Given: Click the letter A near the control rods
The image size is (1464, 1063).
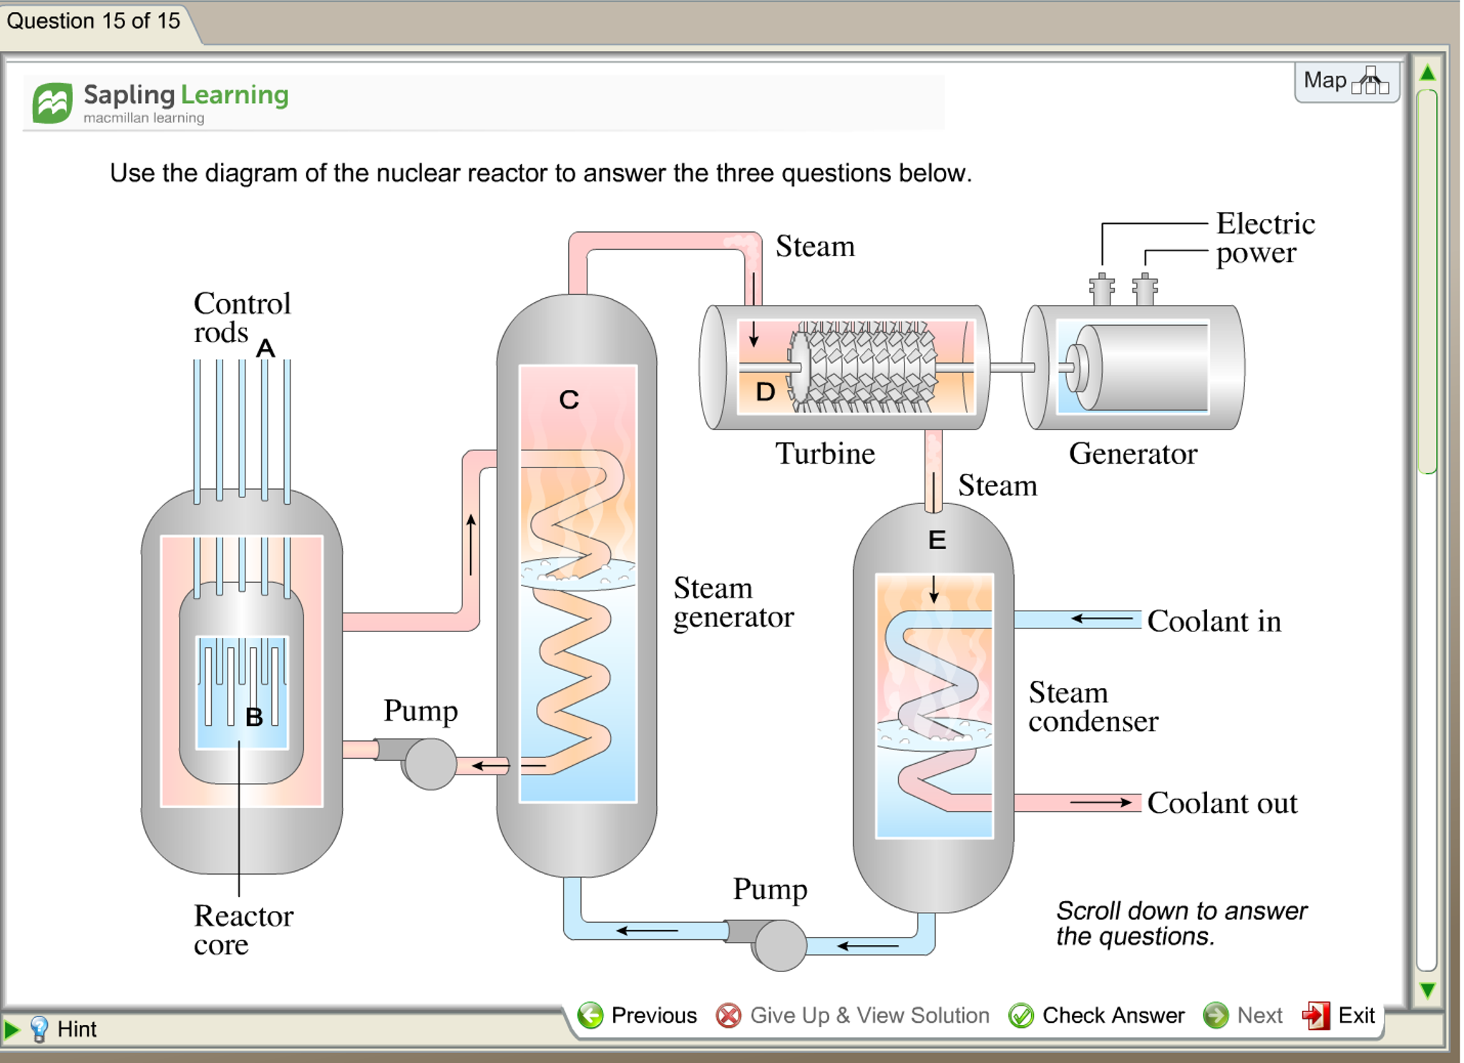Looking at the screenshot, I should (265, 348).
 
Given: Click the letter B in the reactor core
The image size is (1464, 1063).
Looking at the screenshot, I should (254, 717).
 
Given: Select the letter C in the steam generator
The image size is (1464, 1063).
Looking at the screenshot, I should (569, 399).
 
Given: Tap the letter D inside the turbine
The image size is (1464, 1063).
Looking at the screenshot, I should (765, 392).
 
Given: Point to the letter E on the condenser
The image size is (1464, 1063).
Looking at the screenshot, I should (937, 540).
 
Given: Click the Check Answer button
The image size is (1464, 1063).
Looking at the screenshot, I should (1097, 1015).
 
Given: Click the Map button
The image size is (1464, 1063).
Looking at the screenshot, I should (1345, 81).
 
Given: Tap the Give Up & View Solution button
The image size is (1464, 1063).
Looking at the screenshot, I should (853, 1015).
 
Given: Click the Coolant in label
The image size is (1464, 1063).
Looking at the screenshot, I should (1214, 621).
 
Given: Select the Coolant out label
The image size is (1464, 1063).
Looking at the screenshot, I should (1221, 803).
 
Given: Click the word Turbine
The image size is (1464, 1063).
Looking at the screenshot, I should (825, 454).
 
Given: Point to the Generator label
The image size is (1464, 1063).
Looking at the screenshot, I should (1133, 454).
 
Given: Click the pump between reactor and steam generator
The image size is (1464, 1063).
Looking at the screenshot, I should (429, 763).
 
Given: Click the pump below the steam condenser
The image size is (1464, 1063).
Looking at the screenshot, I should (779, 944).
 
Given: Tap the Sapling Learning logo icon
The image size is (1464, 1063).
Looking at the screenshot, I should (52, 103).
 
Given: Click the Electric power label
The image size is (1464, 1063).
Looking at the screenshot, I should (1264, 238).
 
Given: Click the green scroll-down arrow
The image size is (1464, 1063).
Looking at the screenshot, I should (1427, 990).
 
